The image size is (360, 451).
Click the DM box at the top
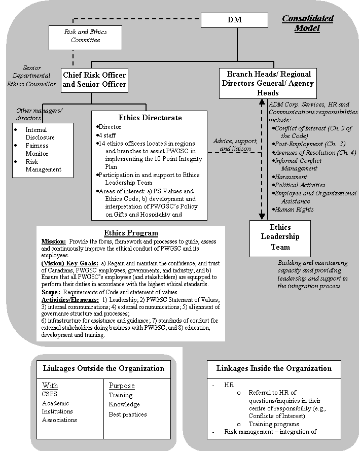[x=234, y=20]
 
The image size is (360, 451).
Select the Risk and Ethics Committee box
[x=86, y=36]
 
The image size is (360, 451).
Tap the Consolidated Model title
[x=308, y=23]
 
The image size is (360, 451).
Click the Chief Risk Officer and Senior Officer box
[x=94, y=80]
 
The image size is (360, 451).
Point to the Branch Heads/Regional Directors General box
[x=268, y=83]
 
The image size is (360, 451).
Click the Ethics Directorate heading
[x=150, y=118]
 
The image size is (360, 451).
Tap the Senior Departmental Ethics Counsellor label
[x=31, y=76]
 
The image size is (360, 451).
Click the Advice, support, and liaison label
[x=235, y=145]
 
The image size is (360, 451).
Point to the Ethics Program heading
[x=131, y=233]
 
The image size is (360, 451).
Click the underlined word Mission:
[x=53, y=241]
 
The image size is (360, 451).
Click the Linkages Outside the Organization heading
[x=104, y=368]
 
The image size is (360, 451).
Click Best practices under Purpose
[x=128, y=414]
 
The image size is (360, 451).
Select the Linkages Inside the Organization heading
[x=274, y=368]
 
